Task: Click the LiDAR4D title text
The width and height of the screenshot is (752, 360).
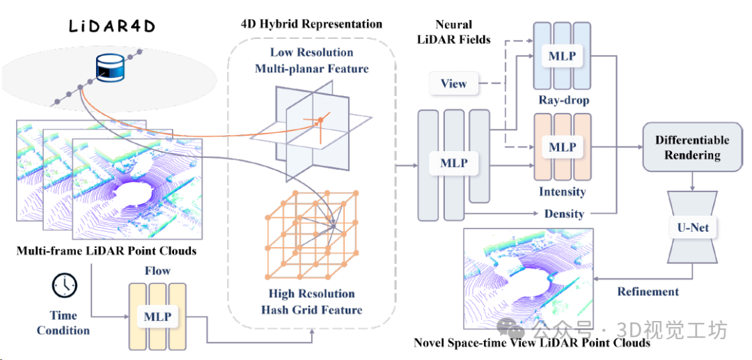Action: point(111,26)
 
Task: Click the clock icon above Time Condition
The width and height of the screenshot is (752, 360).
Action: point(64,285)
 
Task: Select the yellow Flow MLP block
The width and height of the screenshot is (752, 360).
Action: point(157,316)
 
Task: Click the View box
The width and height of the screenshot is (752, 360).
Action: point(453,84)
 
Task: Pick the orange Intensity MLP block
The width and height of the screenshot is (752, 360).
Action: point(563,148)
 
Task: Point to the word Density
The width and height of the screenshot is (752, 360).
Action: point(564,213)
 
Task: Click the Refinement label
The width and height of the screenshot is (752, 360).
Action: point(648,291)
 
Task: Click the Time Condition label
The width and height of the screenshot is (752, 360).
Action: point(63,323)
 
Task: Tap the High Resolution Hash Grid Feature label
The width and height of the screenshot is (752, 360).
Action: point(311,302)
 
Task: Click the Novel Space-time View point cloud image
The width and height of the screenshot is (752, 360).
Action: point(528,279)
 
